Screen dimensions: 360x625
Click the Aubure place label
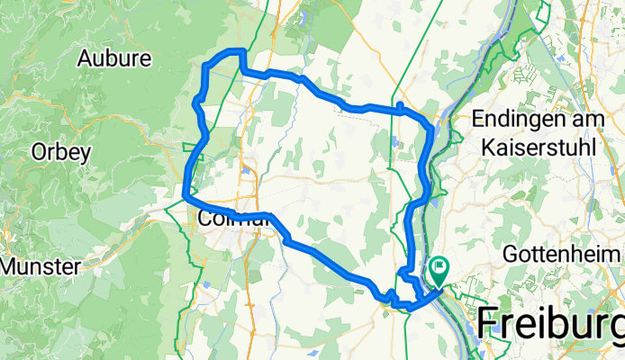tap(114, 59)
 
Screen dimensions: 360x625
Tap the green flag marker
tap(439, 267)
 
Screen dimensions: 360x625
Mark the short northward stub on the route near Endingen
tap(398, 107)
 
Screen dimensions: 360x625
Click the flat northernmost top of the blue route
tap(226, 51)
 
